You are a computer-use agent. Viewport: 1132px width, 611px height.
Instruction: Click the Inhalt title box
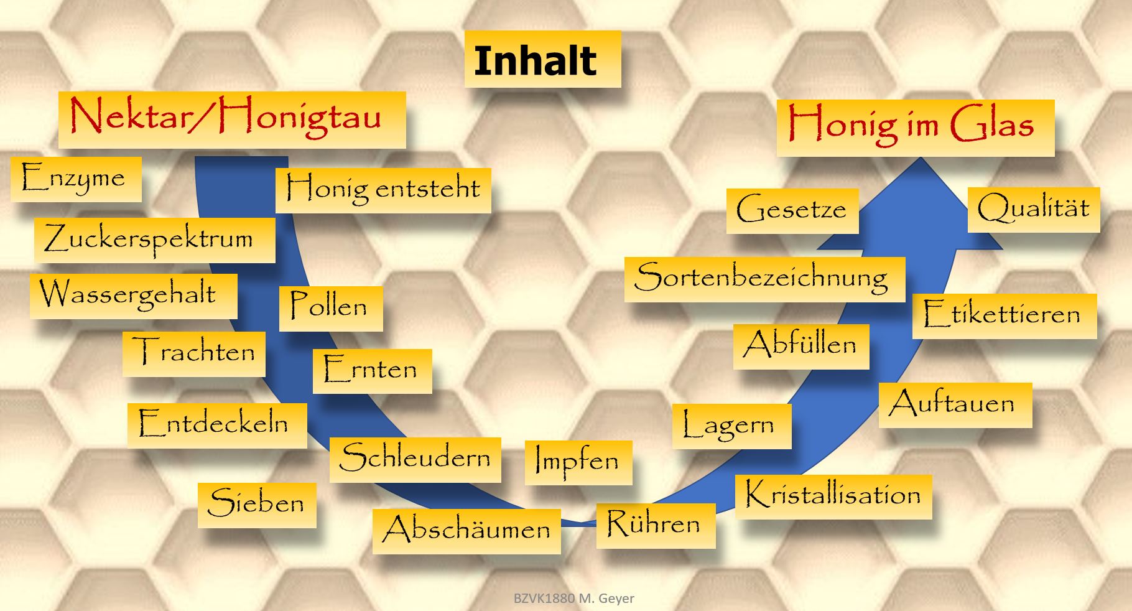[x=542, y=59]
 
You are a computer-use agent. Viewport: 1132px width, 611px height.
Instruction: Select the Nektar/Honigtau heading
[x=232, y=120]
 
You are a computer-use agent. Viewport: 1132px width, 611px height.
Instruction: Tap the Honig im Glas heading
[x=916, y=128]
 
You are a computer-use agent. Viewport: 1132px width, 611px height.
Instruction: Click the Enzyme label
[x=76, y=179]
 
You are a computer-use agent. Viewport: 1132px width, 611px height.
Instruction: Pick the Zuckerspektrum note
[x=154, y=240]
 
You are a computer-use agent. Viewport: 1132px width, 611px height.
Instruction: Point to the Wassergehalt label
[x=133, y=296]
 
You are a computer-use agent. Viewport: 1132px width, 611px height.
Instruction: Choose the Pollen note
[x=331, y=309]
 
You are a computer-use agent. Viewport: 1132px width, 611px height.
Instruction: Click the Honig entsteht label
[x=383, y=190]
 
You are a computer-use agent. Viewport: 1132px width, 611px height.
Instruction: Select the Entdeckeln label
[x=217, y=426]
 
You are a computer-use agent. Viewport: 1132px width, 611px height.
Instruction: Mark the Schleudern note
[x=415, y=460]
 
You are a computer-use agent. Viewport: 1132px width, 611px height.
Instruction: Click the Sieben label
[x=257, y=505]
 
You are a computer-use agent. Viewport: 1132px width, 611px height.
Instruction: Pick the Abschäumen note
[x=466, y=531]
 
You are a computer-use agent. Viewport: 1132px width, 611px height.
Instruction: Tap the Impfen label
[x=578, y=463]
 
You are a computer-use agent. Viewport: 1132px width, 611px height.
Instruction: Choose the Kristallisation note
[x=833, y=497]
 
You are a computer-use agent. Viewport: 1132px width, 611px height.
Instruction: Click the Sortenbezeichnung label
[x=764, y=279]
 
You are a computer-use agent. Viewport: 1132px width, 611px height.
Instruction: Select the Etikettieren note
[x=1004, y=316]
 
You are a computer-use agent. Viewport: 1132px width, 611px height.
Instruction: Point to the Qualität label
[x=1034, y=210]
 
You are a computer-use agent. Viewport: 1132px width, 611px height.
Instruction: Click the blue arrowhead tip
[x=921, y=157]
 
